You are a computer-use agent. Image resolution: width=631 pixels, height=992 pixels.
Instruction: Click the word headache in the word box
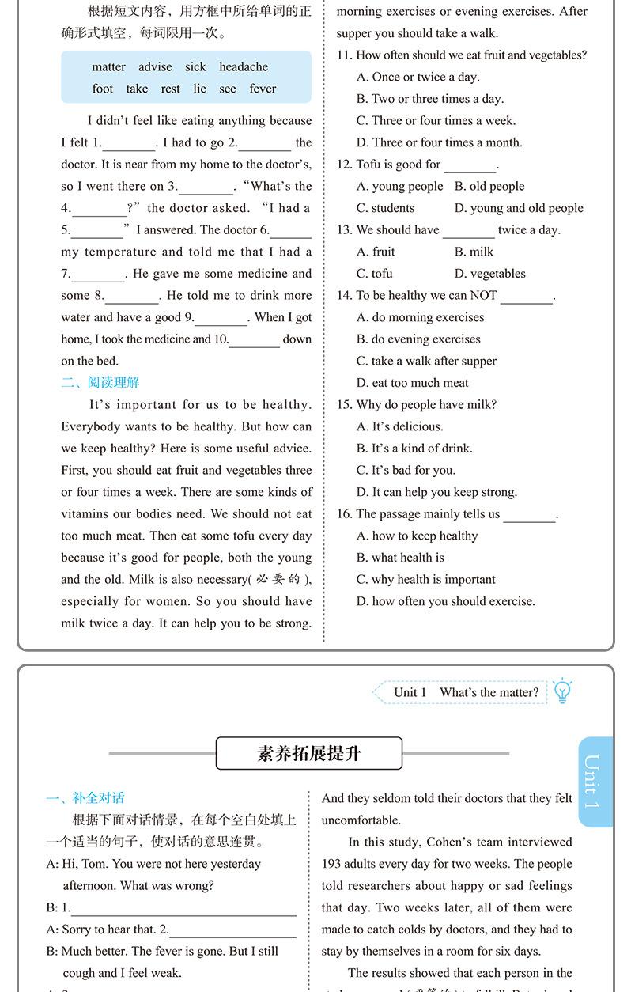coord(244,67)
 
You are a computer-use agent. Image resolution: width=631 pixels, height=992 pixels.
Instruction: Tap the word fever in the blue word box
coord(263,89)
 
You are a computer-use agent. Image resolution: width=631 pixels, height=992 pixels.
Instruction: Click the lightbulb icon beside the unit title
coord(562,691)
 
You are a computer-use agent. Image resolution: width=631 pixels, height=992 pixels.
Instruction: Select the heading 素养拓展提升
coord(309,753)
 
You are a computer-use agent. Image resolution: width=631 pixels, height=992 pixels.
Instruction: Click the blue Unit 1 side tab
coord(594,782)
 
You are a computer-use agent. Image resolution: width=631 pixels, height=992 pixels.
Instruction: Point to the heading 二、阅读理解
coord(100,383)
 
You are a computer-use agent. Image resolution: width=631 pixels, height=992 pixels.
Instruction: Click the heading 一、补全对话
coord(85,798)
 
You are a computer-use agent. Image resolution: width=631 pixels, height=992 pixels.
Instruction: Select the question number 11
coord(344,55)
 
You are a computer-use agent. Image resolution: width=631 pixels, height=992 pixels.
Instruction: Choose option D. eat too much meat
coord(412,383)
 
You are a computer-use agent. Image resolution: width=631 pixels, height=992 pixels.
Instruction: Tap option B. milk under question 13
coord(474,252)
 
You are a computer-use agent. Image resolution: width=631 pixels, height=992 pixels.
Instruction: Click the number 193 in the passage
coord(334,864)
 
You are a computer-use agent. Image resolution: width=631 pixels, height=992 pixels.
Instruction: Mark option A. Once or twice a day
coord(418,77)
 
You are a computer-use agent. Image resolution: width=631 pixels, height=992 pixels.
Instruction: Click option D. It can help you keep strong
coord(436,492)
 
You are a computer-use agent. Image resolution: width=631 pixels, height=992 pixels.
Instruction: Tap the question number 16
coord(344,514)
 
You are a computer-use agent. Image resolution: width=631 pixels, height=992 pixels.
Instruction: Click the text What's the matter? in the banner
coord(489,692)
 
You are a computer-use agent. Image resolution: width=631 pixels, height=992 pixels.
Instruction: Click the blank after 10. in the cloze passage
coord(255,340)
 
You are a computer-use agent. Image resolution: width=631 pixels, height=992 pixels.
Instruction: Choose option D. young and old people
coord(519,208)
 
